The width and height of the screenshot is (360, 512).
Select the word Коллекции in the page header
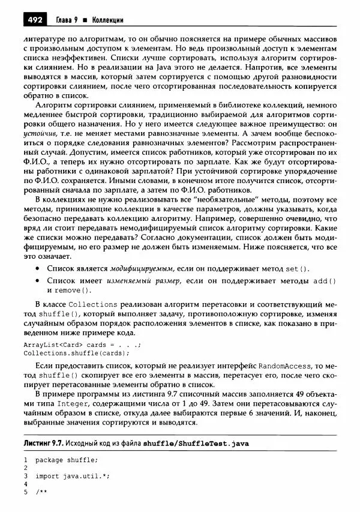coord(107,20)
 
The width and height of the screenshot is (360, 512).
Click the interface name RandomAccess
coord(284,365)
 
